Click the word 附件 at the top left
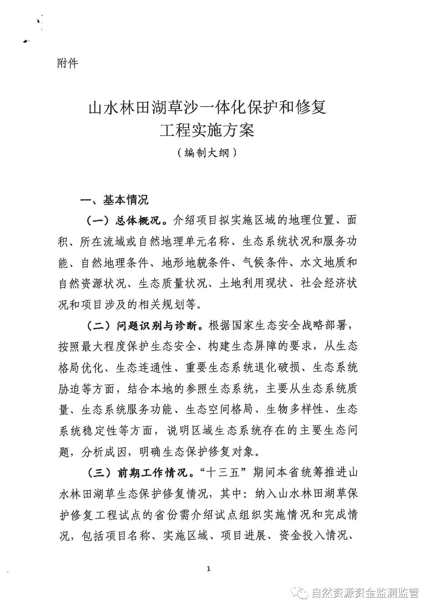click(x=68, y=63)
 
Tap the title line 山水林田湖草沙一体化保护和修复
click(x=207, y=108)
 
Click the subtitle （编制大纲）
click(x=207, y=153)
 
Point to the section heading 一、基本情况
click(x=114, y=200)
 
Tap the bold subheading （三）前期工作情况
click(x=137, y=473)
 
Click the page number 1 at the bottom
click(x=208, y=569)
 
